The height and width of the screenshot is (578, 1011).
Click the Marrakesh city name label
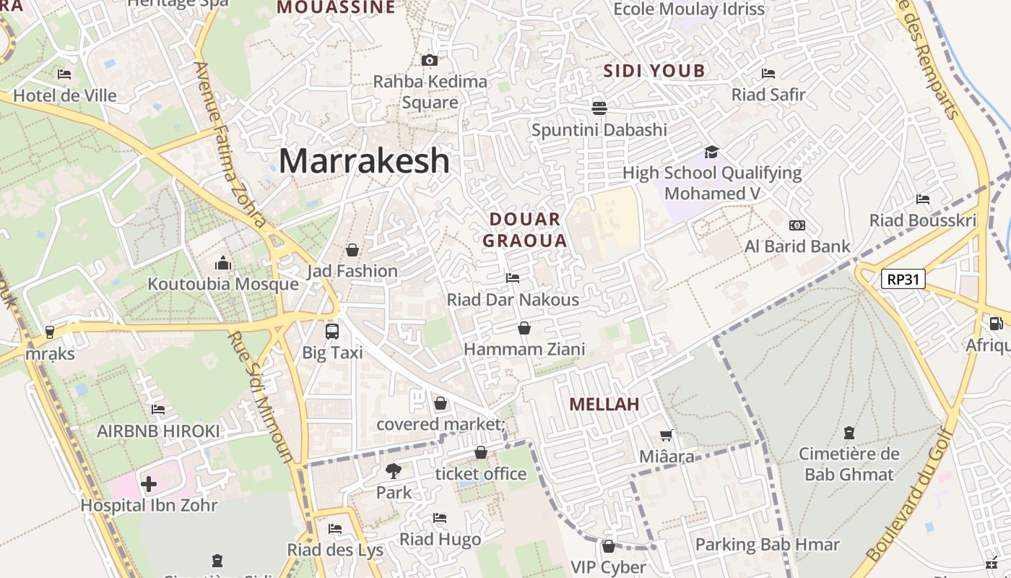coord(364,160)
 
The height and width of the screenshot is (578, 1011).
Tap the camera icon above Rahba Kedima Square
coord(430,60)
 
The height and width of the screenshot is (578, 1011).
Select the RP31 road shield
coord(903,279)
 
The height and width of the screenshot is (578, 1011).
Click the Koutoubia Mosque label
coord(223,284)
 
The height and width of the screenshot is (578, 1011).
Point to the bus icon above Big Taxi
coord(332,332)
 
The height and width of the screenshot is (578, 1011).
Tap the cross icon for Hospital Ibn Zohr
coord(149,483)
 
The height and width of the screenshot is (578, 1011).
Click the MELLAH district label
coord(604,405)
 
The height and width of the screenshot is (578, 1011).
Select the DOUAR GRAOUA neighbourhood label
coord(525,230)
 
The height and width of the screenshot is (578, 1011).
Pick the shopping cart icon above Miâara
coord(667,435)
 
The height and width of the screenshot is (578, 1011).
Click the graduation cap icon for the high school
coord(712,152)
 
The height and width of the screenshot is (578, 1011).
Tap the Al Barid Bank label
coord(798,246)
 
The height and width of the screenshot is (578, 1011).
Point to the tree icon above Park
coord(394,471)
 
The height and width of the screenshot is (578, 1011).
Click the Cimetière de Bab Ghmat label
coord(849,464)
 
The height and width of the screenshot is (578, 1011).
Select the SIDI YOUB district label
coord(654,71)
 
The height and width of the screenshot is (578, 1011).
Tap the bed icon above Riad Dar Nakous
coord(513,278)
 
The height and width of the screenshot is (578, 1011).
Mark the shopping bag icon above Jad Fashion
coord(352,250)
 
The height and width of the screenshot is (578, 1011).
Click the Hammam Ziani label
coord(524,350)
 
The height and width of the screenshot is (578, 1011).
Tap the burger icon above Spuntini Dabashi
coord(599,108)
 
